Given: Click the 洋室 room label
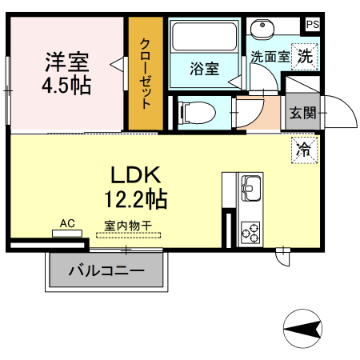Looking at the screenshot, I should pyautogui.click(x=66, y=61).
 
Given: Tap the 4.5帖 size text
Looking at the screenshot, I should pyautogui.click(x=66, y=85).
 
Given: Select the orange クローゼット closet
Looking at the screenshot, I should pyautogui.click(x=146, y=74).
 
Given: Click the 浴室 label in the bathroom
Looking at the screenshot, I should pyautogui.click(x=204, y=69).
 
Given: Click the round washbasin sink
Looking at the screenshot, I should pyautogui.click(x=262, y=30).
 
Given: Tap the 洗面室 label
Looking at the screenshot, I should pyautogui.click(x=269, y=57).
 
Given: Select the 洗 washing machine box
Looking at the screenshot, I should pyautogui.click(x=305, y=56).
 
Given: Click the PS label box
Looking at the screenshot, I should pyautogui.click(x=312, y=25).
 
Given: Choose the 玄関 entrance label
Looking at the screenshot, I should pyautogui.click(x=303, y=111).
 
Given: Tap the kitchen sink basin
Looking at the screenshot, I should pyautogui.click(x=251, y=189).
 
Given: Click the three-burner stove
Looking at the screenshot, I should pyautogui.click(x=251, y=231).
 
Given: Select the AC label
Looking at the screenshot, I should pyautogui.click(x=67, y=224).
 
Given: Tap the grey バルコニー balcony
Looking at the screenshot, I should pyautogui.click(x=106, y=271).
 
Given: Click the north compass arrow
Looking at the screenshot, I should pyautogui.click(x=302, y=329).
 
